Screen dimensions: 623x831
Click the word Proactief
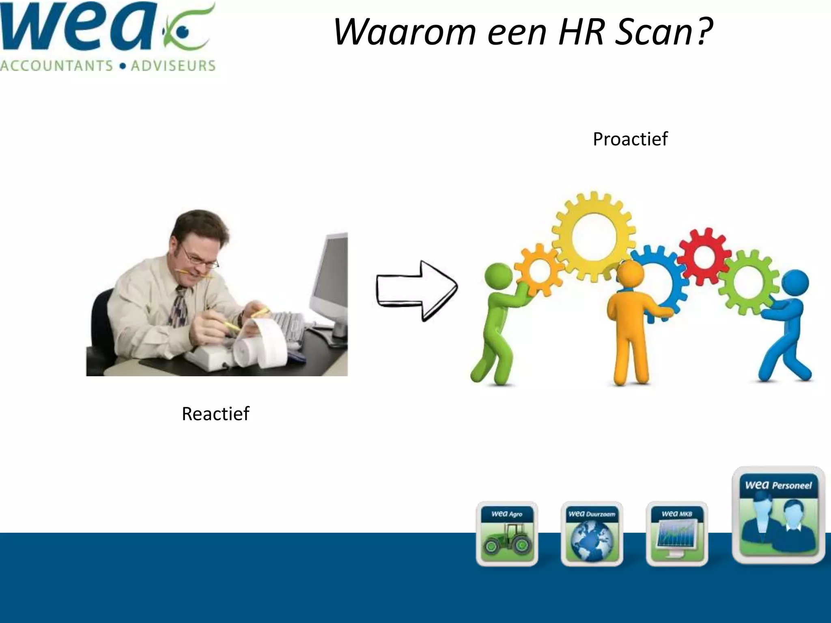(630, 139)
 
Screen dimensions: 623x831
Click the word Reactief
(215, 414)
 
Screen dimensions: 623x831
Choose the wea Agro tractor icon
(507, 534)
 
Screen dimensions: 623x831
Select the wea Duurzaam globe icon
(592, 534)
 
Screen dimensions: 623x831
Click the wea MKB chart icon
(677, 534)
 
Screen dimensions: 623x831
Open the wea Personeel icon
(778, 515)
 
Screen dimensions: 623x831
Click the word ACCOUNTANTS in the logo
(57, 66)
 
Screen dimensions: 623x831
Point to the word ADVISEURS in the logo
(173, 66)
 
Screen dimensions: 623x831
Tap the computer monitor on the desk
(329, 280)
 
